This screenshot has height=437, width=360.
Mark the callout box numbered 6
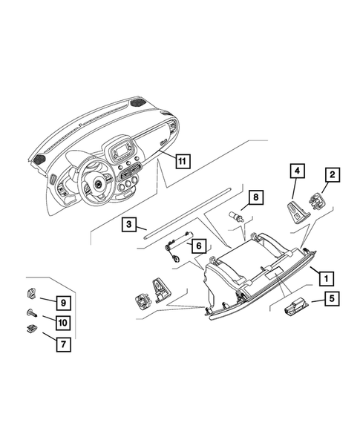[x=199, y=243]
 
